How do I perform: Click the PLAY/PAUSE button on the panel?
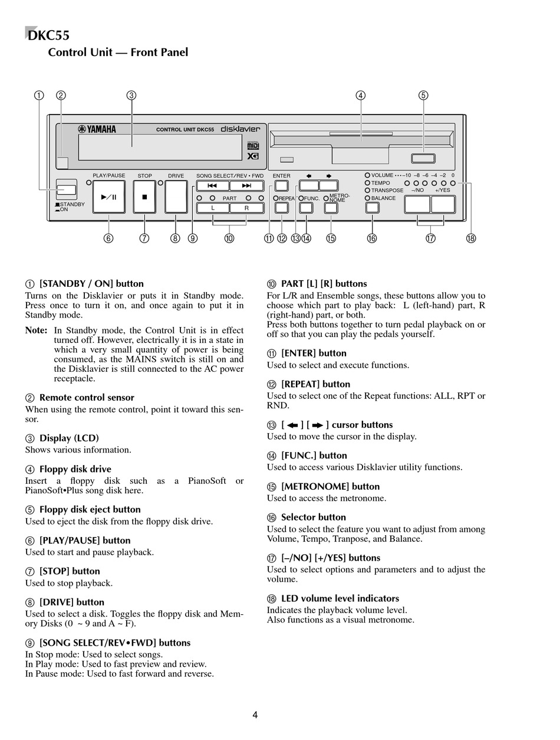click(x=108, y=197)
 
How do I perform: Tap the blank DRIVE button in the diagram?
click(x=176, y=197)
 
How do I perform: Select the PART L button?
click(x=213, y=208)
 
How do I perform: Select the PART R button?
click(x=246, y=208)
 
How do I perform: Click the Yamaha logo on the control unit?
click(x=97, y=130)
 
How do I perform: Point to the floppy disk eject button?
click(x=423, y=158)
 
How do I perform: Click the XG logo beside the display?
click(x=253, y=156)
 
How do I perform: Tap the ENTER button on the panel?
click(x=281, y=186)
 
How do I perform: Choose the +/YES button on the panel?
click(x=443, y=204)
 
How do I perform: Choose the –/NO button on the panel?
click(x=417, y=204)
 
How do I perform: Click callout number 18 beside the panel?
click(x=470, y=238)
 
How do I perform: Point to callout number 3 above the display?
click(x=131, y=96)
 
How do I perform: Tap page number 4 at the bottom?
click(x=255, y=715)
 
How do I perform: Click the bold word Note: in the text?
click(x=36, y=330)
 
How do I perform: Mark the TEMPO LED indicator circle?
click(x=367, y=183)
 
